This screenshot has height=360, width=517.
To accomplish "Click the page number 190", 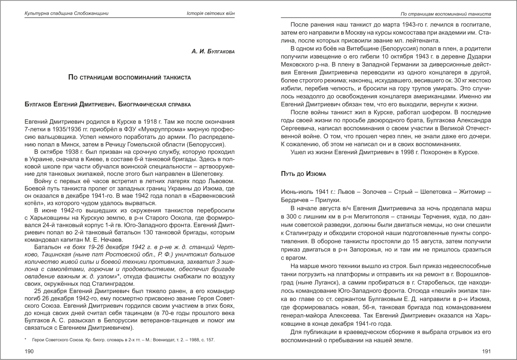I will tap(29, 351).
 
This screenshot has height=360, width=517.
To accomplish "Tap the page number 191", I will tap(486, 351).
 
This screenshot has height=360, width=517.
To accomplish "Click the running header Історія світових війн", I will tap(210, 14).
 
